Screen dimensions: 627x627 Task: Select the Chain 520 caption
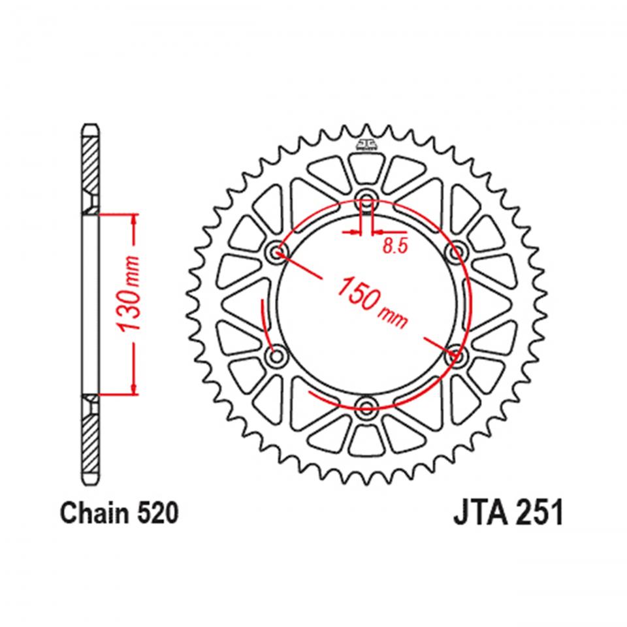119,515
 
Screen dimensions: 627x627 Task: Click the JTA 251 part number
507,515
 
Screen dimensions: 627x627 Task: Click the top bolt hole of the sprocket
366,201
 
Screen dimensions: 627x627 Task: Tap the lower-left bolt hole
278,357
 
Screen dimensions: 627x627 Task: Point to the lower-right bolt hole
456,357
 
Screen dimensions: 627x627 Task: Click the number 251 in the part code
539,515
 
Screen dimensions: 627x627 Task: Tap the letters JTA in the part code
479,515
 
